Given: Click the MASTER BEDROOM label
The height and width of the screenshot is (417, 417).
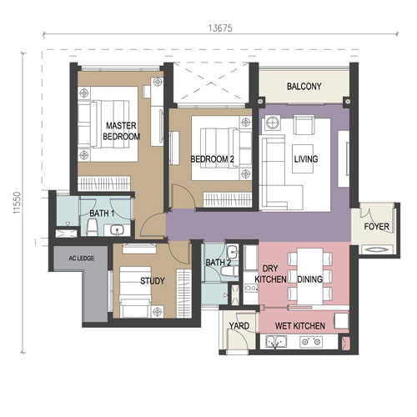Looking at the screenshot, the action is pos(121,131).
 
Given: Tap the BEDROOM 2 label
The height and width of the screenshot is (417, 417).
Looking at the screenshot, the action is pos(212,159).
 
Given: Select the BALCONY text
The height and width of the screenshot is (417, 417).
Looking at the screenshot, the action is pos(304,87).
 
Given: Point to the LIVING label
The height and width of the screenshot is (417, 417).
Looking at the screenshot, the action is pos(306,159).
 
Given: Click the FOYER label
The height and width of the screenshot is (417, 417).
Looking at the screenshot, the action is pos(376,227).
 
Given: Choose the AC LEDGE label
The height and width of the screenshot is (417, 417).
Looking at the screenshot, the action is pos(82,259).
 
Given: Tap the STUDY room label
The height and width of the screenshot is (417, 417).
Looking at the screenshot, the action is pos(153,281).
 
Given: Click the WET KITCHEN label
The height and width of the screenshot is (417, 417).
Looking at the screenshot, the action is pos(300,326).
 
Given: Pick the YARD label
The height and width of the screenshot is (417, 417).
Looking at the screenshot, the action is pos(239,326).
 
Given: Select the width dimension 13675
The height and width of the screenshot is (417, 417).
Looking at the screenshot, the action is pos(220,28).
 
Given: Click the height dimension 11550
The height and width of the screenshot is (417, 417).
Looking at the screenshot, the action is pos(18,203).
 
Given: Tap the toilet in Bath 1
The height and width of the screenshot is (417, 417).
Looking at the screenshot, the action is pos(92,228).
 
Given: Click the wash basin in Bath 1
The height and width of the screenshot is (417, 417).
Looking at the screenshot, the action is pos(117,230).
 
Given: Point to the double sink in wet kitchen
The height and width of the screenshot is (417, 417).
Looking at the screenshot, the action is pos(276,342).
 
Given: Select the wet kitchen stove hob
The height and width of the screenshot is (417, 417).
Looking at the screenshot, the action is pos(311,342).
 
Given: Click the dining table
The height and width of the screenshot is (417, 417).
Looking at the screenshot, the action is pos(310,276).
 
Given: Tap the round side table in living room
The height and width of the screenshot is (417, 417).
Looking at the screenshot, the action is pos(272,123).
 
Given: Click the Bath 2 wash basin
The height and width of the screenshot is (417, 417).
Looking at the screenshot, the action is pos(232,253).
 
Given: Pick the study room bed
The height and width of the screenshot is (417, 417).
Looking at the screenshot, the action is pos(135,292).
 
